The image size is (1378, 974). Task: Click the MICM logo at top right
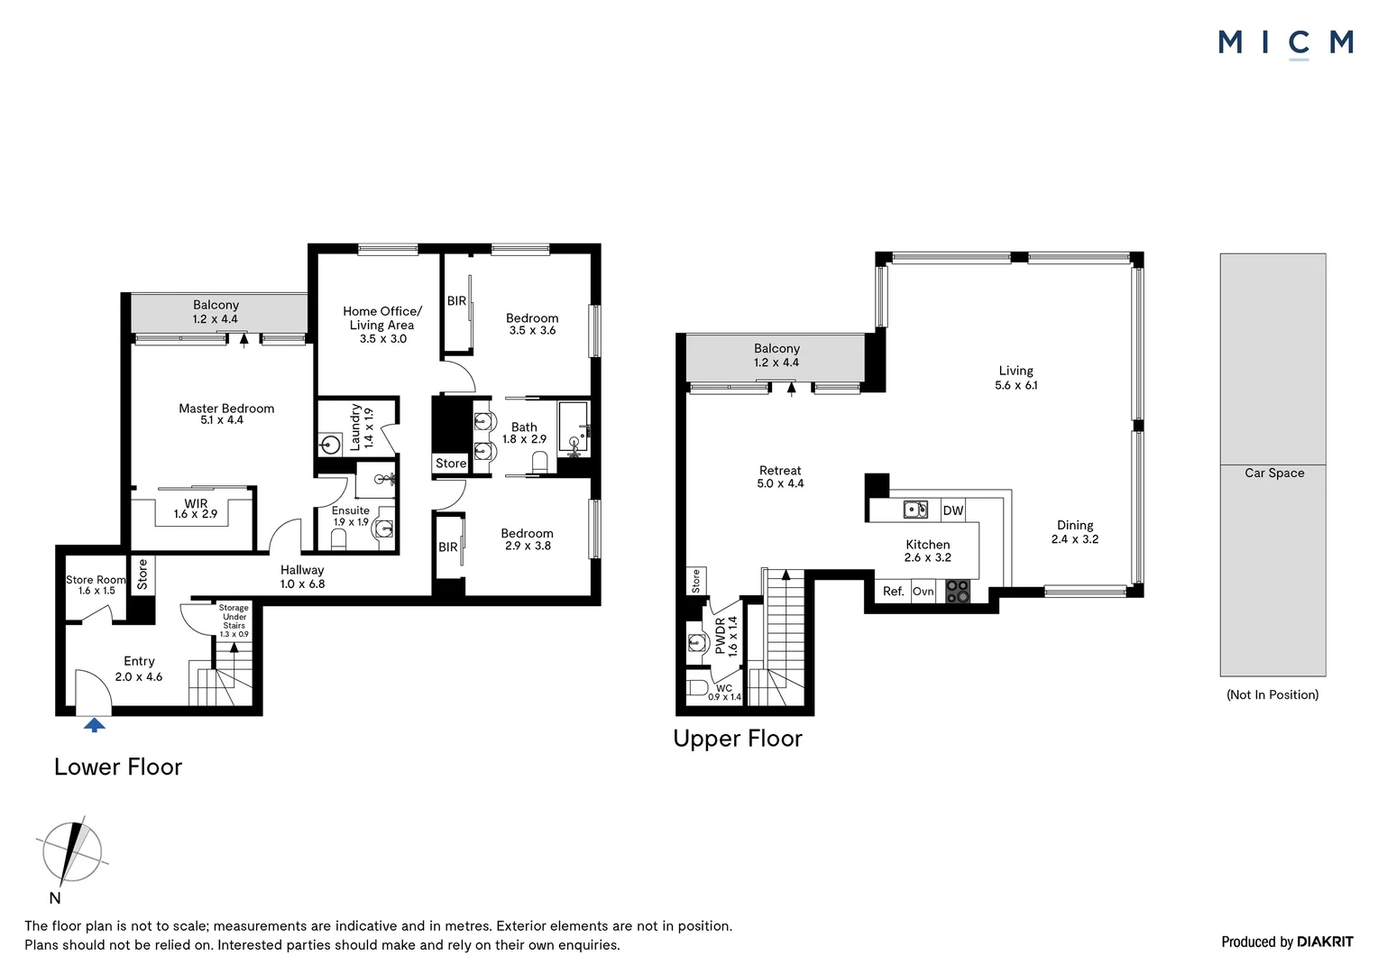pyautogui.click(x=1285, y=42)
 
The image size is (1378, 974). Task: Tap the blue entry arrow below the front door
pyautogui.click(x=94, y=724)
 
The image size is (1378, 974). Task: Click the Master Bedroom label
pyautogui.click(x=225, y=414)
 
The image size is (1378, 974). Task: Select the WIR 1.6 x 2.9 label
pyautogui.click(x=196, y=509)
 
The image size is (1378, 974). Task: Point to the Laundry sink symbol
pyautogui.click(x=330, y=444)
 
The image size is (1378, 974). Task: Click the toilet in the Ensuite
pyautogui.click(x=339, y=538)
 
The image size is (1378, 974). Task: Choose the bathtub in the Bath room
pyautogui.click(x=573, y=427)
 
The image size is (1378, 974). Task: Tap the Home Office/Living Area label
pyautogui.click(x=381, y=325)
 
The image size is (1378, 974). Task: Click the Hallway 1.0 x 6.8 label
pyautogui.click(x=301, y=576)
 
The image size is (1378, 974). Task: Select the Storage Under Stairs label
pyautogui.click(x=234, y=620)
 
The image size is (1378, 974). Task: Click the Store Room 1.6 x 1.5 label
pyautogui.click(x=96, y=584)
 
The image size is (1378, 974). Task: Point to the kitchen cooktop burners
pyautogui.click(x=957, y=592)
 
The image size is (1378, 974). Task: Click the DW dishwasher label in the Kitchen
pyautogui.click(x=952, y=510)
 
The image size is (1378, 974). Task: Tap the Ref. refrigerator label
pyautogui.click(x=893, y=592)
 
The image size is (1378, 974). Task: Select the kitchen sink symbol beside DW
pyautogui.click(x=916, y=510)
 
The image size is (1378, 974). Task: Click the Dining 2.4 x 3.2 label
pyautogui.click(x=1074, y=532)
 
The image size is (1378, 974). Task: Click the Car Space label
pyautogui.click(x=1273, y=473)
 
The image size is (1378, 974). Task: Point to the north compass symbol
pyautogui.click(x=69, y=853)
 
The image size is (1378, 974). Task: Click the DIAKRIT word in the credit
pyautogui.click(x=1325, y=942)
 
